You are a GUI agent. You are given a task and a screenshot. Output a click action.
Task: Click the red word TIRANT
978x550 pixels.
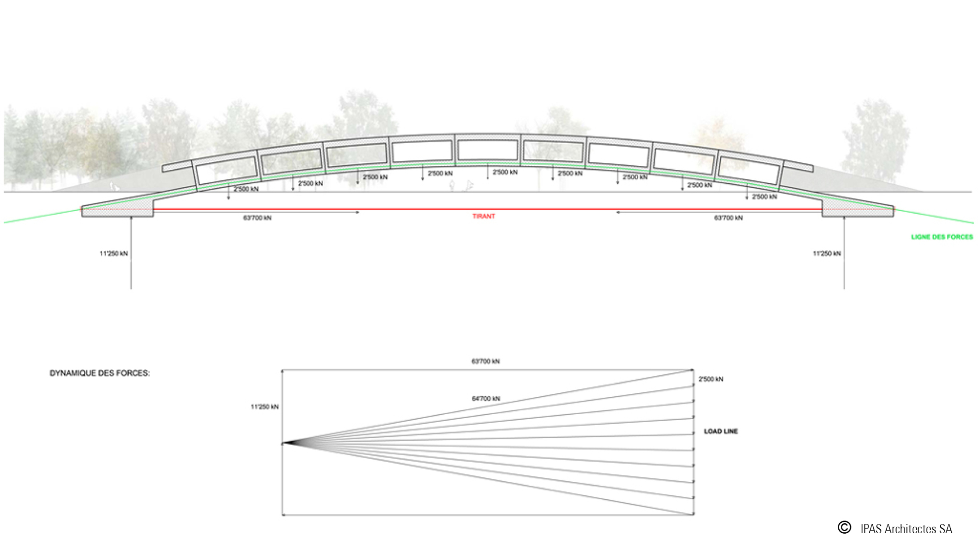coord(484,216)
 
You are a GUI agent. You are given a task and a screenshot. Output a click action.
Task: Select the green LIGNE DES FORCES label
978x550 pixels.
coord(942,237)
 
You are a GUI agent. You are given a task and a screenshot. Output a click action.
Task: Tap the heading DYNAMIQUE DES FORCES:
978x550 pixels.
coord(100,373)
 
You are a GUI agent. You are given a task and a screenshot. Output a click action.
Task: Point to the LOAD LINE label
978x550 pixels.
coord(721,432)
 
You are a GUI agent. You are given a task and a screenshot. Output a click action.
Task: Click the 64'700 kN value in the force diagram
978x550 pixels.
coord(486,398)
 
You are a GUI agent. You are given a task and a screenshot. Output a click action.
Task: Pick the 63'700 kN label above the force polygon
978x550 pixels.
coord(486,361)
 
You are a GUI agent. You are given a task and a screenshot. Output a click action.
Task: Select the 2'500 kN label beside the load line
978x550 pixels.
coord(711,379)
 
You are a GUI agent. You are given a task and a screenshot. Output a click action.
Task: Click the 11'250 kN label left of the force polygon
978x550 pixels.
coord(265,407)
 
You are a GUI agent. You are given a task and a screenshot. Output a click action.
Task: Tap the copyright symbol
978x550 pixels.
coord(845,527)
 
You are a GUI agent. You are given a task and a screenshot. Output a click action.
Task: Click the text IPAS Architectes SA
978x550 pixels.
coord(906,529)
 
